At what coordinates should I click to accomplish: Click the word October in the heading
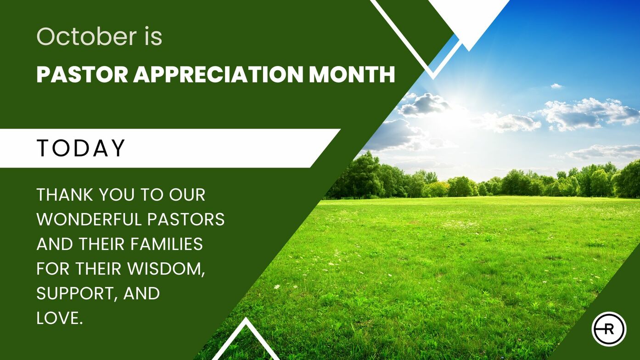[x=87, y=36]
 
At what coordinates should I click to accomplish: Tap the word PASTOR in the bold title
[x=82, y=74]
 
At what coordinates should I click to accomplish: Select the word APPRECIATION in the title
[x=218, y=74]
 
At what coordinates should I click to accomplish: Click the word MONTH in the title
[x=352, y=74]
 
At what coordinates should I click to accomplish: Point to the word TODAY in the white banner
[x=81, y=148]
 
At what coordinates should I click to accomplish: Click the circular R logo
[x=609, y=329]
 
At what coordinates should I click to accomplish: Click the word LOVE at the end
[x=59, y=318]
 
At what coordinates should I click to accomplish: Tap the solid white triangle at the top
[x=469, y=17]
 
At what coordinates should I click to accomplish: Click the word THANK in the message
[x=65, y=195]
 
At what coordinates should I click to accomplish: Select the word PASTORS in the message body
[x=186, y=219]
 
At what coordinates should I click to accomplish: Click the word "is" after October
[x=153, y=36]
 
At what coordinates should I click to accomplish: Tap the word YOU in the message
[x=117, y=195]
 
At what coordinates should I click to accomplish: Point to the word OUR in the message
[x=187, y=195]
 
